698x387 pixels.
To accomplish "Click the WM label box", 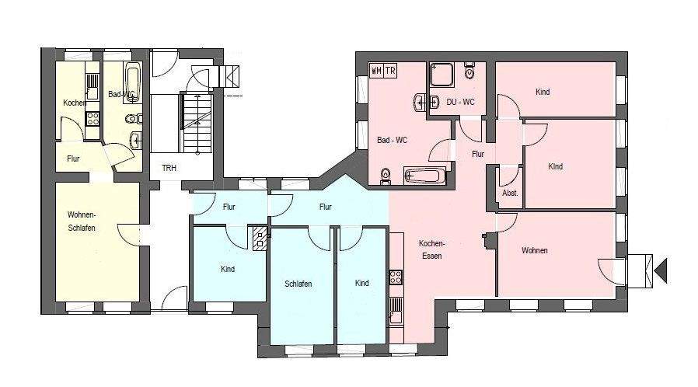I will (x=376, y=70).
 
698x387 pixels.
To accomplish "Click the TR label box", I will (x=390, y=70).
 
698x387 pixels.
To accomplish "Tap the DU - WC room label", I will (x=459, y=102).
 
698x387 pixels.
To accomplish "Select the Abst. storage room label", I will (x=510, y=193).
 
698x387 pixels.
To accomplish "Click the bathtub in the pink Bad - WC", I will (x=425, y=176).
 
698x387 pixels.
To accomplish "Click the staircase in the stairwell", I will (x=196, y=122).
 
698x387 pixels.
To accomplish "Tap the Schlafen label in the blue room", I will (x=298, y=284).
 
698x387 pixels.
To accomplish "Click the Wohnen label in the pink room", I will (x=535, y=250).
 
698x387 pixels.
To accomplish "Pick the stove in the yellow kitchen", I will (x=92, y=119).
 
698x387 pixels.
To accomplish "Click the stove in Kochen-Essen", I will (x=395, y=276).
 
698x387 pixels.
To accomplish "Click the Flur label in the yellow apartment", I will (x=73, y=159).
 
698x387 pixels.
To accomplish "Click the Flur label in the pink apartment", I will (x=478, y=154).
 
